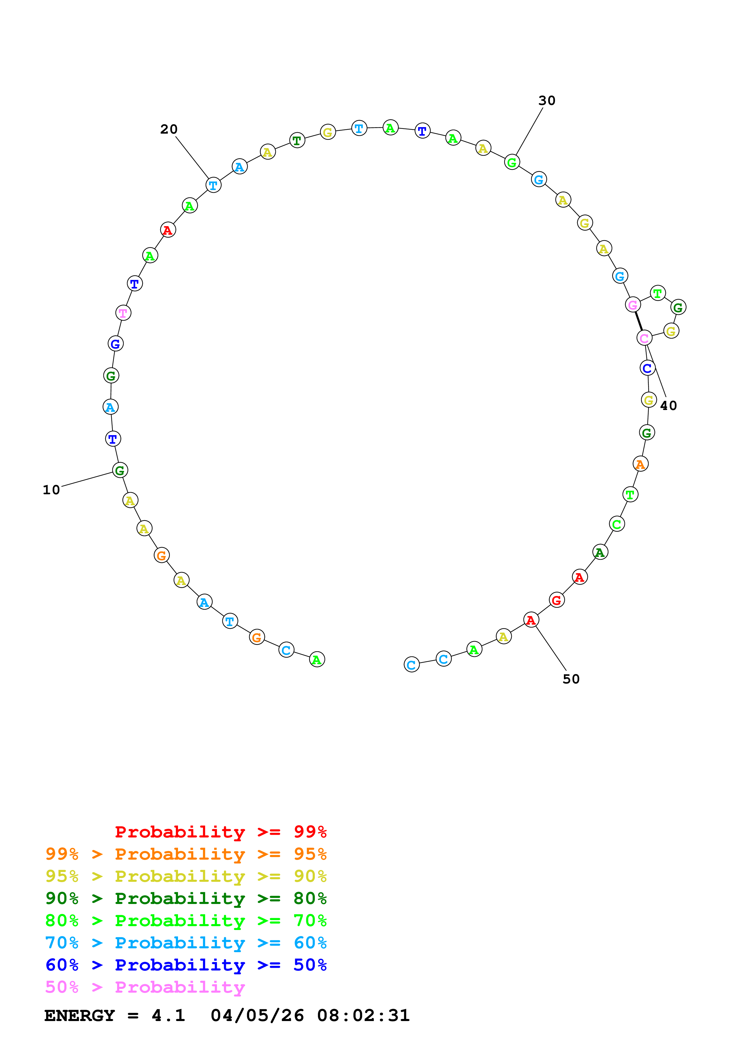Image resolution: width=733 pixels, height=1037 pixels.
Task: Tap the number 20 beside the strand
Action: pos(169,129)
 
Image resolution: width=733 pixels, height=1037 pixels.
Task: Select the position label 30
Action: pos(546,101)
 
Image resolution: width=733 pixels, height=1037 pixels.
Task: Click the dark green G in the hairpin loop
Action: pos(678,307)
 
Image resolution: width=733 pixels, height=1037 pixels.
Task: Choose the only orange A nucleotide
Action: pos(640,464)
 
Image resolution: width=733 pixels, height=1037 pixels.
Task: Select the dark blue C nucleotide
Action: pos(648,368)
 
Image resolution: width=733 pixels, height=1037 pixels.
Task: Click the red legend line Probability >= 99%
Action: pos(220,832)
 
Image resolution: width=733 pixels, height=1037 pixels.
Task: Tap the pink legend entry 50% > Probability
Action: pos(145,987)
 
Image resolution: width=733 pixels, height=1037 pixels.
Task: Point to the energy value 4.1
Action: pos(168,1016)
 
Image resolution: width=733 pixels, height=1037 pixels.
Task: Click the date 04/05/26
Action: pos(257,1016)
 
